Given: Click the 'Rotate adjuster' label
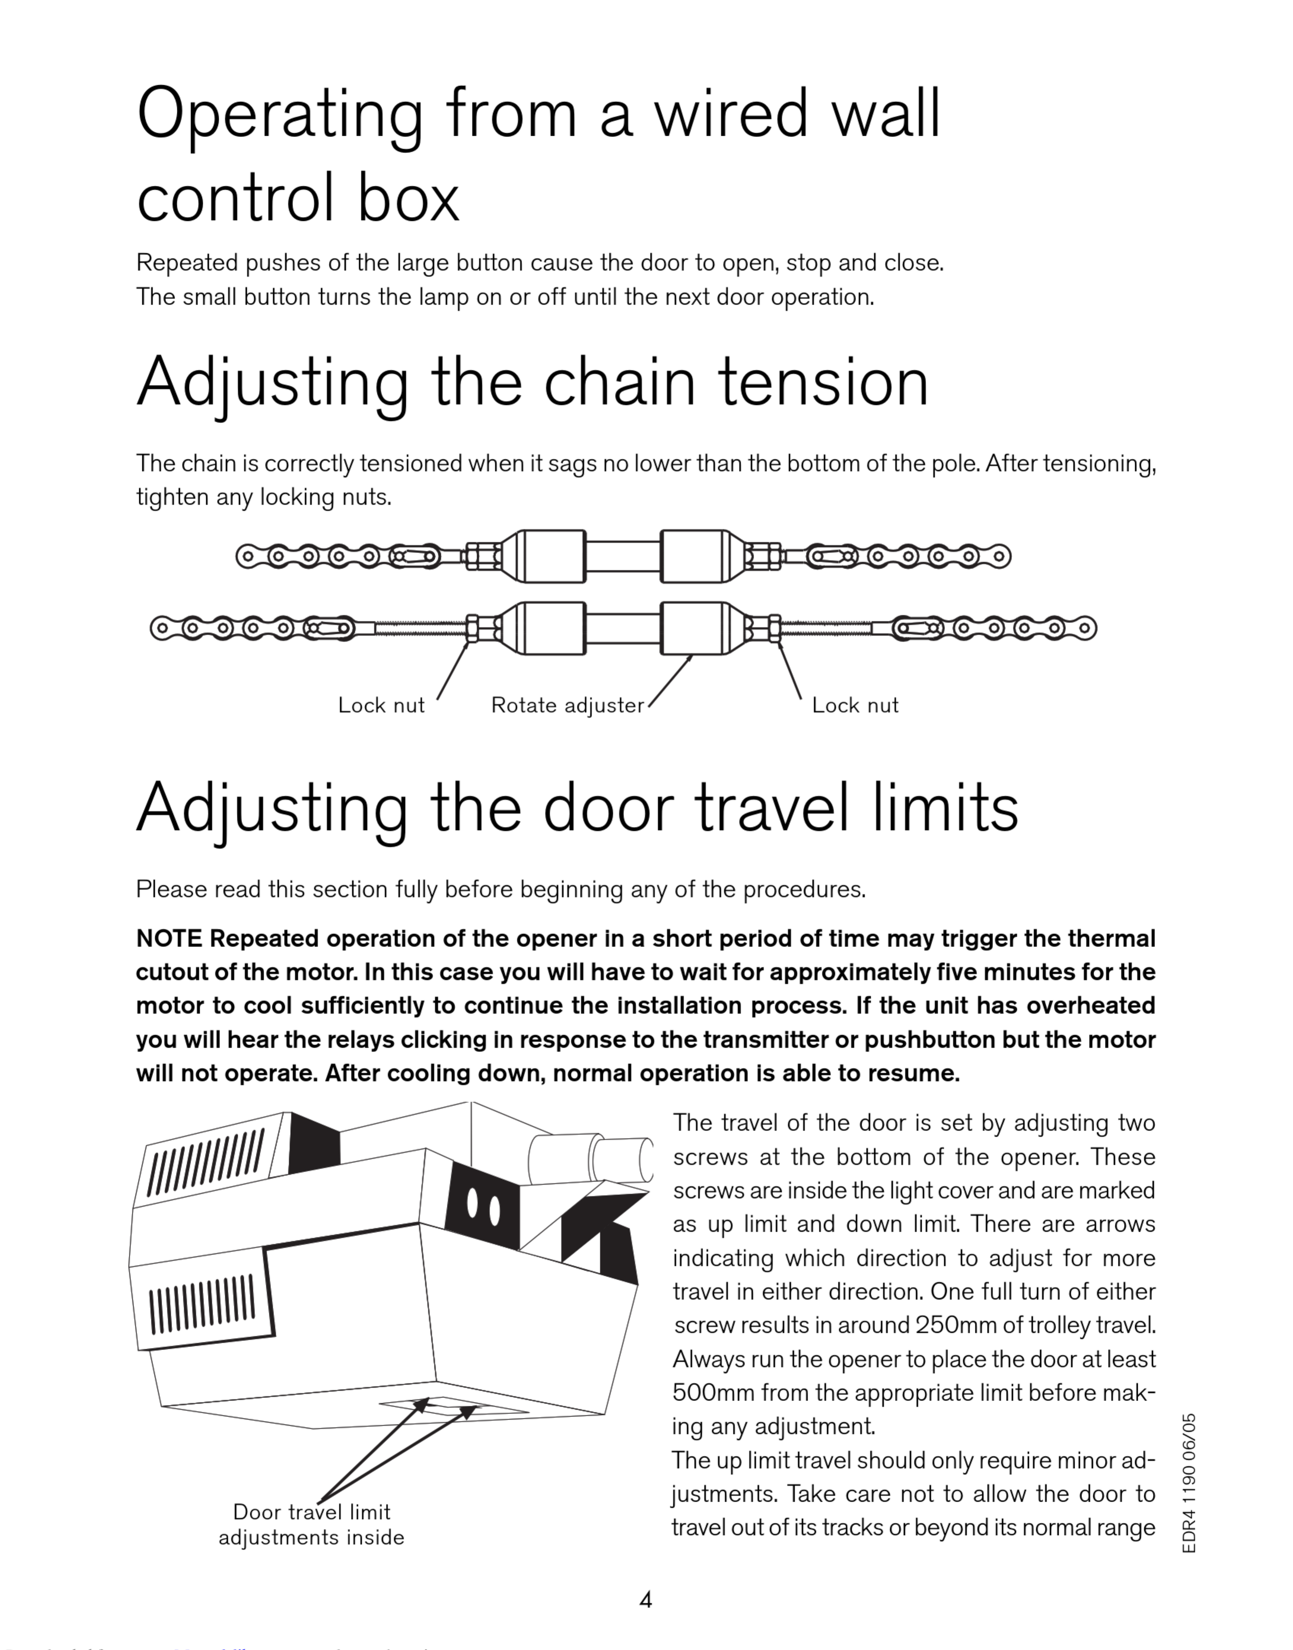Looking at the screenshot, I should (x=567, y=705).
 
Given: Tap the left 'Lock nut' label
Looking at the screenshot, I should (x=381, y=705).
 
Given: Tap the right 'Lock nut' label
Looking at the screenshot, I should (x=855, y=705).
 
